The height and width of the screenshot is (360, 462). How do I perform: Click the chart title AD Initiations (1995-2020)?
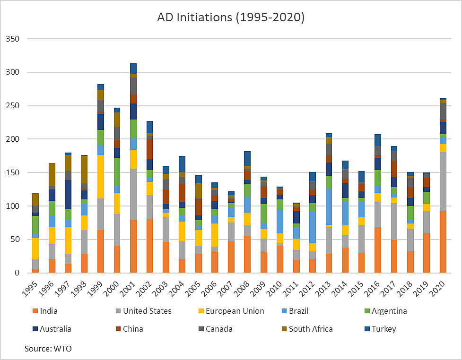(x=231, y=17)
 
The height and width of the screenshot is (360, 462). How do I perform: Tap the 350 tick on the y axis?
(x=13, y=39)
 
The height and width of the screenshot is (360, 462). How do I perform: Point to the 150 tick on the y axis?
(x=13, y=172)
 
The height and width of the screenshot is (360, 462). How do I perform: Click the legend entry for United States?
(x=147, y=311)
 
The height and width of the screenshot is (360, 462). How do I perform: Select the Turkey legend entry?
(x=384, y=329)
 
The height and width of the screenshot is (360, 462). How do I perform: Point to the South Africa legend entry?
(x=311, y=329)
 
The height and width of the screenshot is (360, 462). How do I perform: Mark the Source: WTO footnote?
(x=48, y=349)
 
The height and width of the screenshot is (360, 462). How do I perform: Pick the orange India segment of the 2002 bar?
(x=149, y=246)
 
